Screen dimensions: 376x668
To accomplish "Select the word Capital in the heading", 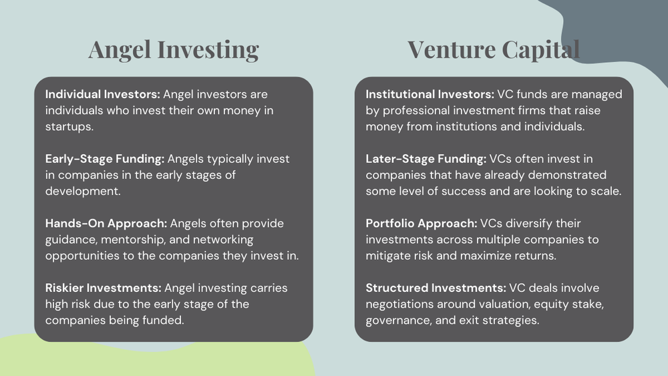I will (x=538, y=49).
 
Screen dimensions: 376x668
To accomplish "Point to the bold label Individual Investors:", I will (x=102, y=95).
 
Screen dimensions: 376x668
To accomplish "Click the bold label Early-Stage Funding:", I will (x=105, y=159).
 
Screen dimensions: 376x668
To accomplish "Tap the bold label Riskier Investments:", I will (x=104, y=288).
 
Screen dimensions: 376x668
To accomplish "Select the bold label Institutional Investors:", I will (x=430, y=95).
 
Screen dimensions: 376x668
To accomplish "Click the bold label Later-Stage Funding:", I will (x=426, y=159).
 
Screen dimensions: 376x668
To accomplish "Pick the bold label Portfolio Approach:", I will (x=422, y=223).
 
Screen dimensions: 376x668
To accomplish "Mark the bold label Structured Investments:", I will (x=436, y=288).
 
